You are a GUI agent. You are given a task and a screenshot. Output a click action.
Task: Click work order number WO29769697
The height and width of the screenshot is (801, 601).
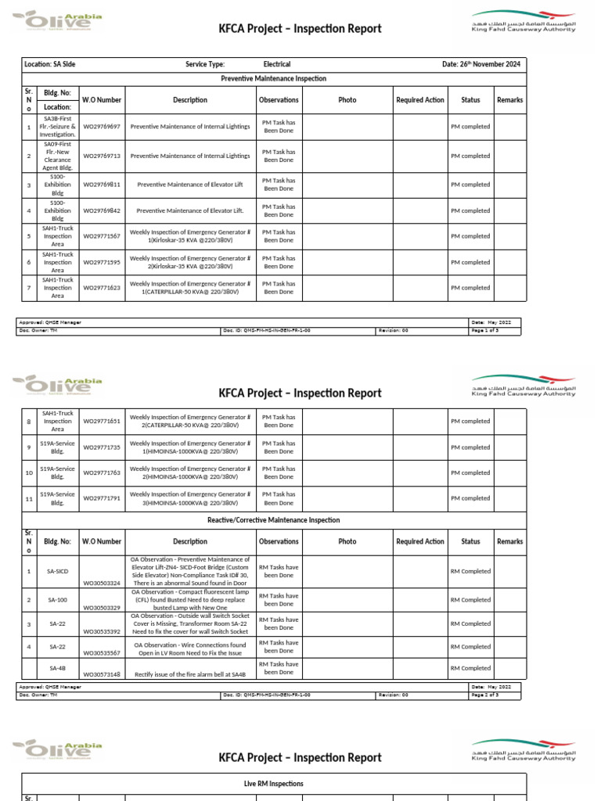[x=102, y=126]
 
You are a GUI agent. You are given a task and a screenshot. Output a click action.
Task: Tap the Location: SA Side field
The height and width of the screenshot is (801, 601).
[x=51, y=64]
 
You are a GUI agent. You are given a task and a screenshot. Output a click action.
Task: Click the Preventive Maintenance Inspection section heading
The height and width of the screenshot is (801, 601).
[x=274, y=79]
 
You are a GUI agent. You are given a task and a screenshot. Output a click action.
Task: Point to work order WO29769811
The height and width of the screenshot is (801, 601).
[x=102, y=185]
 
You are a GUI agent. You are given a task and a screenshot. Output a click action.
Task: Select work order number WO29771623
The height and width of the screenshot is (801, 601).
[x=102, y=288]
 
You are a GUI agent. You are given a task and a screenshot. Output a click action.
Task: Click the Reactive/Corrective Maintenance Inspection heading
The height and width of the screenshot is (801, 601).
[x=274, y=520]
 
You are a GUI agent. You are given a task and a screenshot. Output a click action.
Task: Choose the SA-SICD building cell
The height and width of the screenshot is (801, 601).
[x=58, y=572]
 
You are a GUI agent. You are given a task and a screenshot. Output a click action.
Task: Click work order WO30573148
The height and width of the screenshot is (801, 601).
[x=102, y=673]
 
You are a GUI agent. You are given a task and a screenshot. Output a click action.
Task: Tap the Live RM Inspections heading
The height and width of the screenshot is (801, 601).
[x=274, y=783]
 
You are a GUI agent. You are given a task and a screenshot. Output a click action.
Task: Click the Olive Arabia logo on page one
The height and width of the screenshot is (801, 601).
[x=57, y=20]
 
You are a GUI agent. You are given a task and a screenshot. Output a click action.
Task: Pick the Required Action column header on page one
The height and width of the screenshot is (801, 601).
[x=420, y=100]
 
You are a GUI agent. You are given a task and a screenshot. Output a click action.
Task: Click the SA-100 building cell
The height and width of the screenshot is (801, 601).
[x=58, y=600]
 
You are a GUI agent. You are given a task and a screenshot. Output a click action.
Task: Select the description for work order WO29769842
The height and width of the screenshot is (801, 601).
[x=190, y=210]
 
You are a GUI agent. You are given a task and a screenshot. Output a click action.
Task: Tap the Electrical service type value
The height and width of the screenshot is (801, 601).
[x=277, y=64]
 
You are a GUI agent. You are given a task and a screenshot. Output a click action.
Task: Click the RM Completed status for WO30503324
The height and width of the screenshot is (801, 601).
[x=470, y=572]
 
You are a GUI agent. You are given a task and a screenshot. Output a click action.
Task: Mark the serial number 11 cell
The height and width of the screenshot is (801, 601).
[x=28, y=498]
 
